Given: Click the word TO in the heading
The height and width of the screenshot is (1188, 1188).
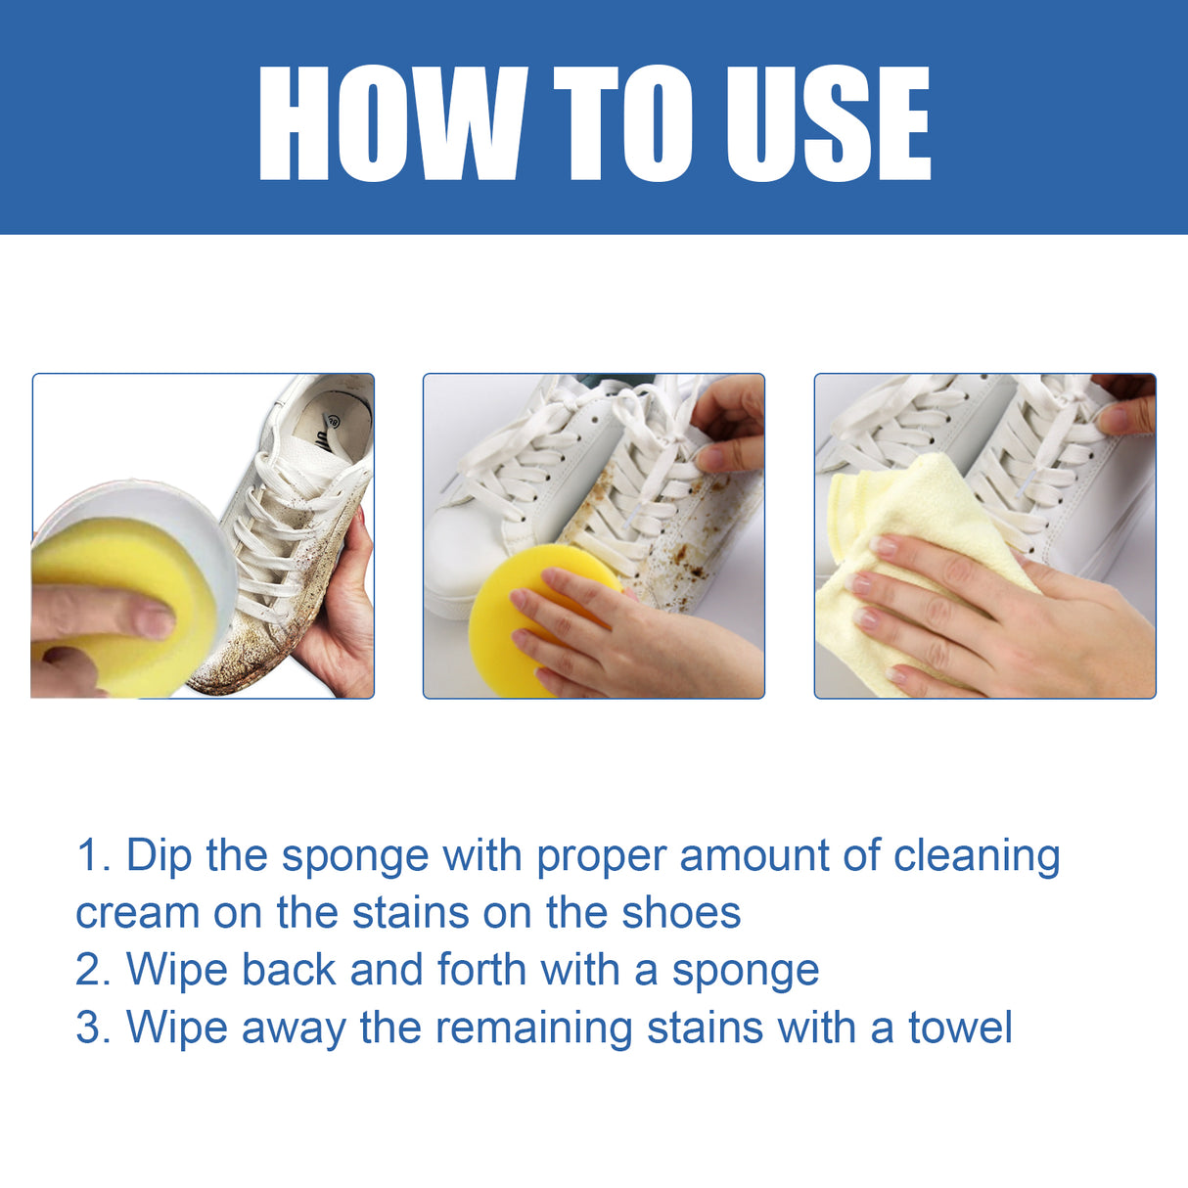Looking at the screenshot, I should click(x=623, y=123).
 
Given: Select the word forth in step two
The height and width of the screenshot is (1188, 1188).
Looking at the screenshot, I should click(x=481, y=970).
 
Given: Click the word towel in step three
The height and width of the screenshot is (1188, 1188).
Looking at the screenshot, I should click(x=960, y=1028).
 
